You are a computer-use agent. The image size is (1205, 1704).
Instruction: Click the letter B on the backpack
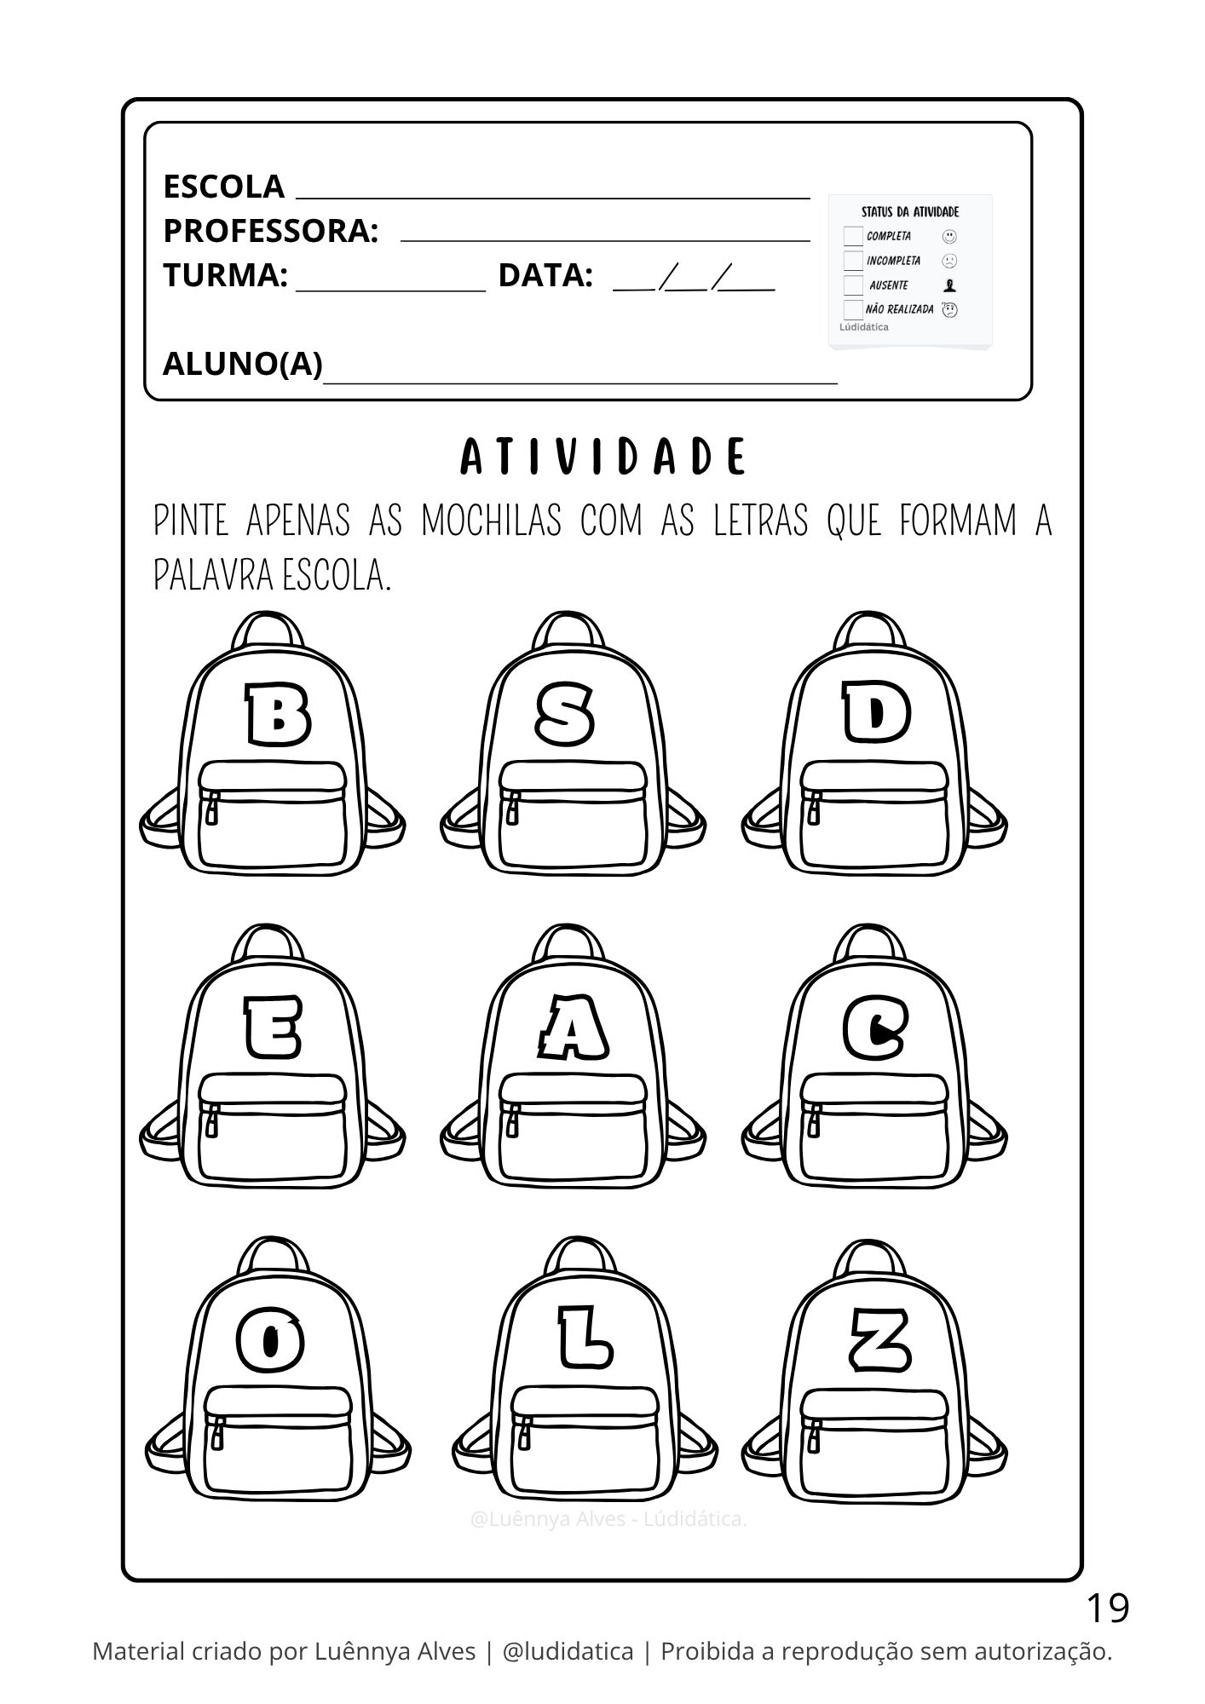point(278,715)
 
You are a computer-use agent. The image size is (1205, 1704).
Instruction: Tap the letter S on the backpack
point(565,714)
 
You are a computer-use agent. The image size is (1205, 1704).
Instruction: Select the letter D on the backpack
point(876,714)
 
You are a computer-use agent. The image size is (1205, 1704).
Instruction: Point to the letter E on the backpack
point(272,1027)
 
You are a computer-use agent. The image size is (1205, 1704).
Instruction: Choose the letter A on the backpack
point(573,1028)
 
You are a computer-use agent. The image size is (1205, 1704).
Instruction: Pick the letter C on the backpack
point(875,1028)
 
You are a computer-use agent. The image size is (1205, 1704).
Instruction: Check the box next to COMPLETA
point(853,236)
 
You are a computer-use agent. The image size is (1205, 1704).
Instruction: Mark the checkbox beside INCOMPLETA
point(853,261)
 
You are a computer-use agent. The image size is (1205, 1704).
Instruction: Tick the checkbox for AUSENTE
point(853,285)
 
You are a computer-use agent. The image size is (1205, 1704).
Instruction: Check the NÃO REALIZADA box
point(853,309)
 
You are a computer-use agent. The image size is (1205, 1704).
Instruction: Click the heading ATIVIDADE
point(602,458)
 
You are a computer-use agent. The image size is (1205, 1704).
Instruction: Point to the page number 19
point(1107,1608)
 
